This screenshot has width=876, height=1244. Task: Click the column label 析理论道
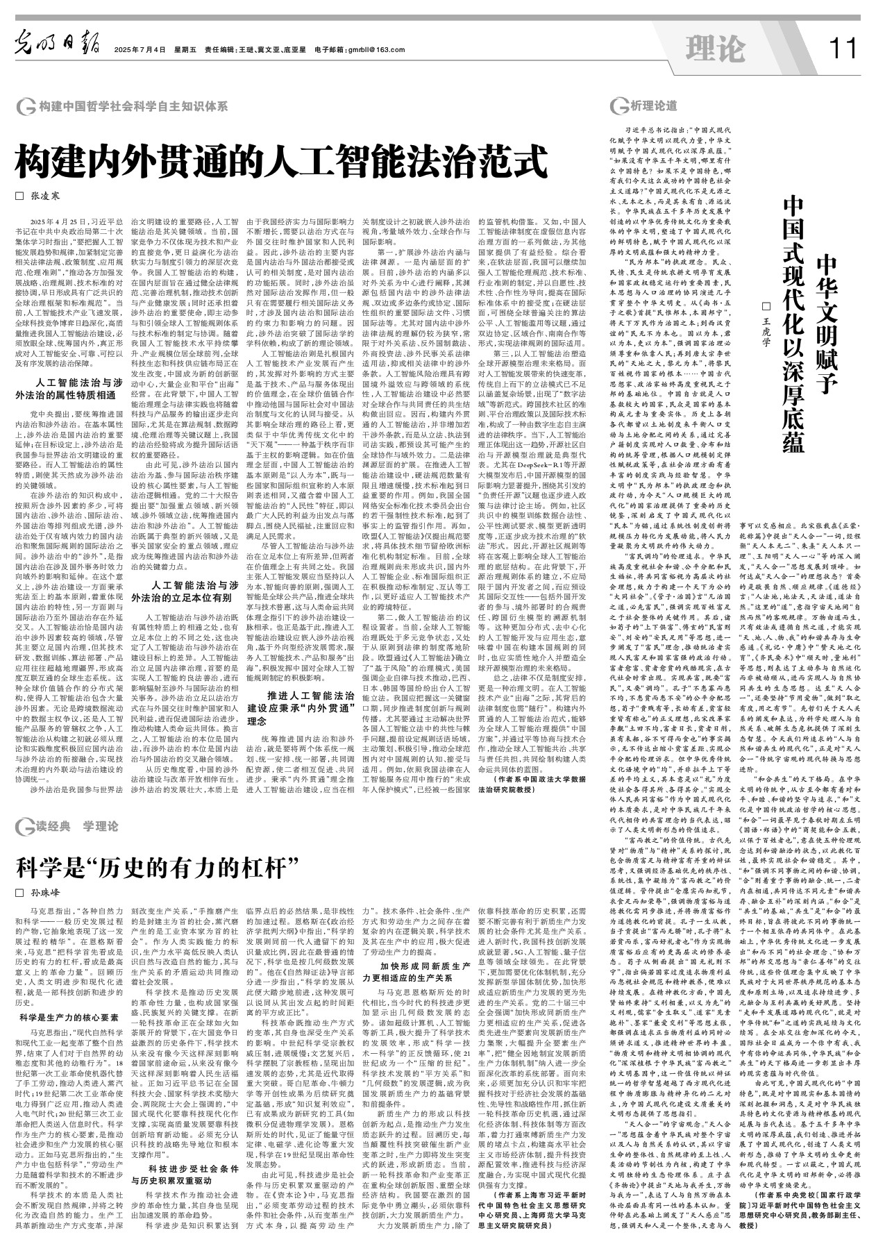click(x=652, y=106)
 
